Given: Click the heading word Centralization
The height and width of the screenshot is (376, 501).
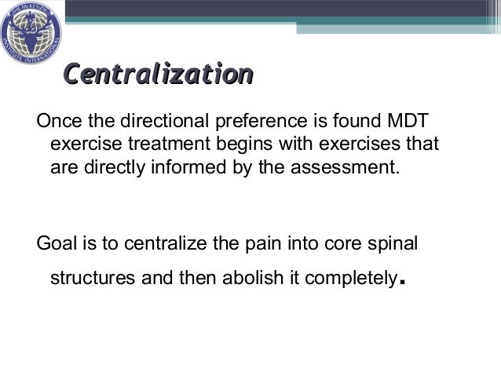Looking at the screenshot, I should coord(157,75).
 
